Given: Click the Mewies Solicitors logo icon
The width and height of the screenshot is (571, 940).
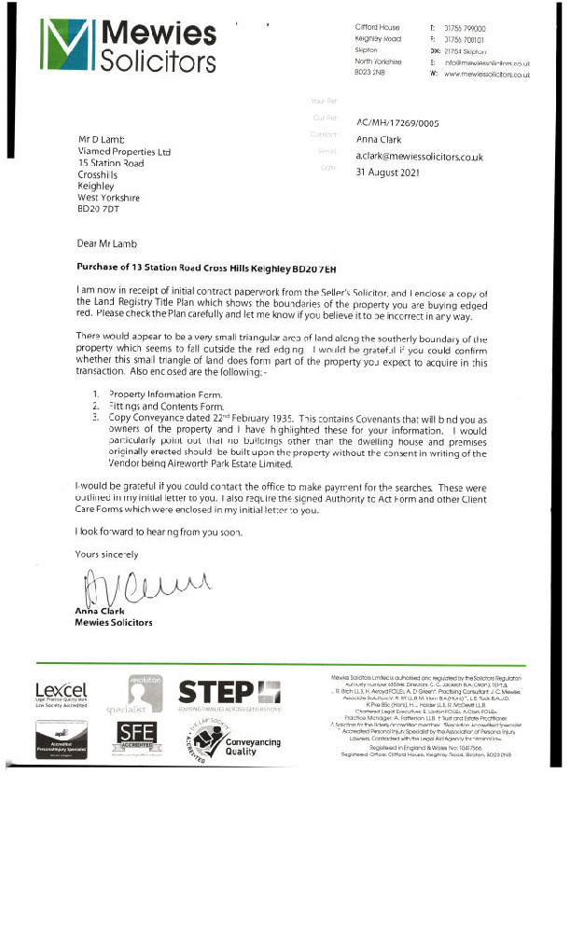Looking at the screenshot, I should coord(68,47).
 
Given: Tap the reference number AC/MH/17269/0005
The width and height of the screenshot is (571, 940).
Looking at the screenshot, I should coord(397,122).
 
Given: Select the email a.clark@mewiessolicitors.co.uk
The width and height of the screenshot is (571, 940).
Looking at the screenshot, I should coord(419,157).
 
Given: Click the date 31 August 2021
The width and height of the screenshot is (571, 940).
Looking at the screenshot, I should coord(391,173).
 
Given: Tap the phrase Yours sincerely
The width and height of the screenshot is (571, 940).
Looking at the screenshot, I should coord(106,554).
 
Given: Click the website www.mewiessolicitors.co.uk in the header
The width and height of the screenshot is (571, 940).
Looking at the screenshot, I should coord(486,74).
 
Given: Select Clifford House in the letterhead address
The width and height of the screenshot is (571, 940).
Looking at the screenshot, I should coord(379,29).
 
